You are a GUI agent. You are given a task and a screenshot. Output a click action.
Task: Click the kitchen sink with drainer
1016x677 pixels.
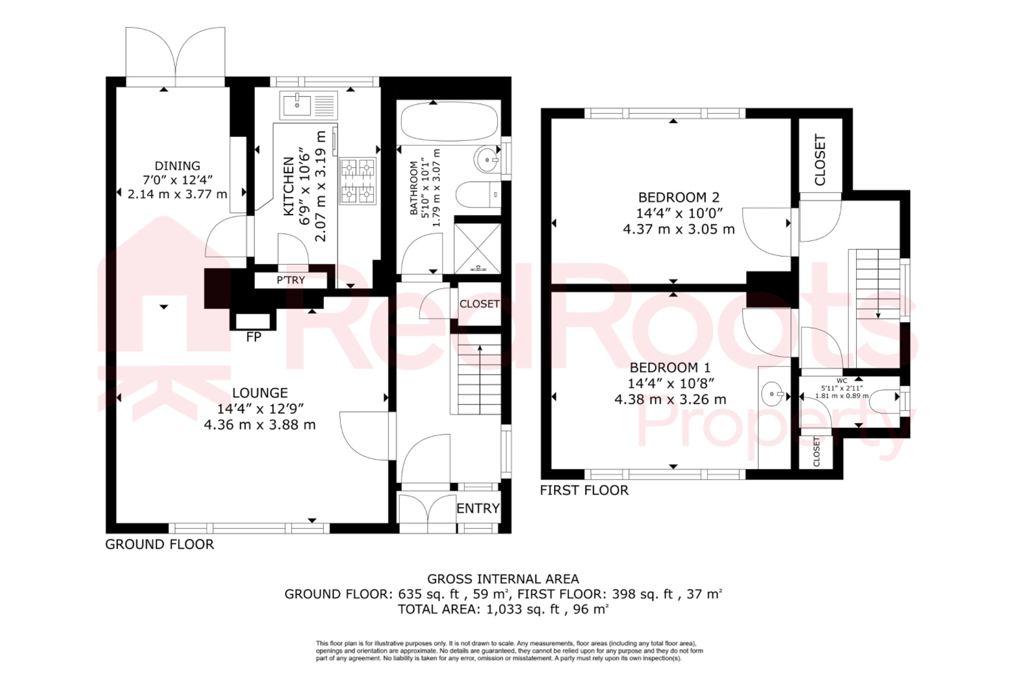308,105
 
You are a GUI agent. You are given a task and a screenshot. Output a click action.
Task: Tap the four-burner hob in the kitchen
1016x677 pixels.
357,181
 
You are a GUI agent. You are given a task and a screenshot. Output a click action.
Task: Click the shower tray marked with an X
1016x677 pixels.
478,248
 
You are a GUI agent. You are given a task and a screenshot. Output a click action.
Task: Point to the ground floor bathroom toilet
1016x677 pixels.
477,195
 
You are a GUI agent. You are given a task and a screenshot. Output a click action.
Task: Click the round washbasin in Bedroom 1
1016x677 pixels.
773,394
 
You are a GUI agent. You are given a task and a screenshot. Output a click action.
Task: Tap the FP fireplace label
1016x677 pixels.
254,337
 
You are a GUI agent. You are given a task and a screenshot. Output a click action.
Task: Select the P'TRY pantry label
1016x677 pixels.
291,280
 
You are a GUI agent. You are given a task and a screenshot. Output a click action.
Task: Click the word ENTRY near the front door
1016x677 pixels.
478,508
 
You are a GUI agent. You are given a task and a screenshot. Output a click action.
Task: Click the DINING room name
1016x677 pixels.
178,166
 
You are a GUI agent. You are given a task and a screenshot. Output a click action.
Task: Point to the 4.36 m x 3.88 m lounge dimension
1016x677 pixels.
260,425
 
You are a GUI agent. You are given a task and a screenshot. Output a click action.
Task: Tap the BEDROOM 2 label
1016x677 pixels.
678,197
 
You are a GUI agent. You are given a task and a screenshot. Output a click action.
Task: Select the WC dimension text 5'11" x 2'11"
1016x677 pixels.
842,388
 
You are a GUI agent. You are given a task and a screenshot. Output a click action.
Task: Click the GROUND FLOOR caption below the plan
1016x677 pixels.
160,545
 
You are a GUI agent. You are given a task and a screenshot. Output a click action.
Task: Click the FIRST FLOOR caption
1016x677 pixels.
584,491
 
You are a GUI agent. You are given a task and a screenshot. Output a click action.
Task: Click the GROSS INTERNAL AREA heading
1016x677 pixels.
503,579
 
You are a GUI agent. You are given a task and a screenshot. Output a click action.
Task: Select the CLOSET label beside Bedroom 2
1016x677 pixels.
820,160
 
